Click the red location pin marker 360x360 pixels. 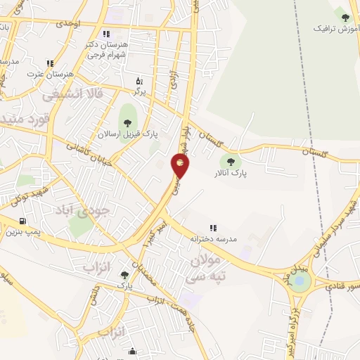coord(181,167)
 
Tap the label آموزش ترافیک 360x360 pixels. coord(330,29)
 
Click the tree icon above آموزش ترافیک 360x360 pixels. coord(345,18)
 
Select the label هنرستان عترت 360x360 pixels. coord(41,74)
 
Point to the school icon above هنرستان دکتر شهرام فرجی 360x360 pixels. coord(105,34)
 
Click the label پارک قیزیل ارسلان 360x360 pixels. coord(128,134)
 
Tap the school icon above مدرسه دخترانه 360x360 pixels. coord(214,228)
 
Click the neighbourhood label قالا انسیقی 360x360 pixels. coord(73,93)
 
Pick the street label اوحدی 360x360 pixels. coord(70,24)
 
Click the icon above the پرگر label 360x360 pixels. coord(139,80)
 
